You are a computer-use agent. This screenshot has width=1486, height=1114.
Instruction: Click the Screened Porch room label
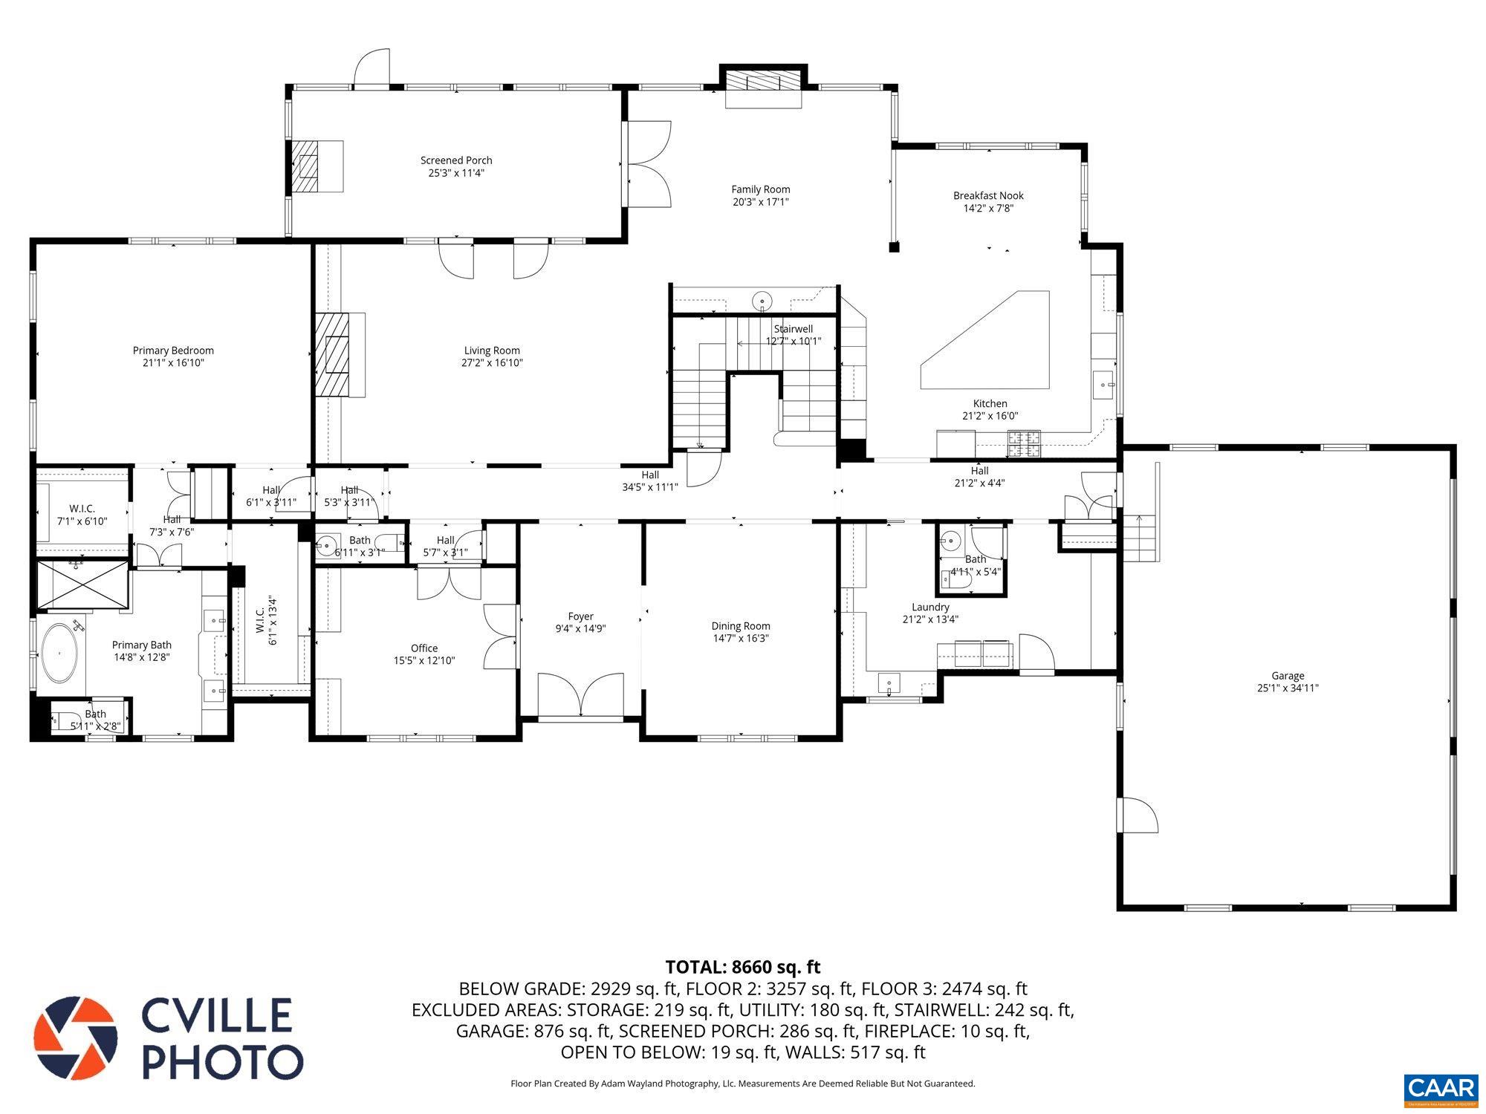click(x=456, y=160)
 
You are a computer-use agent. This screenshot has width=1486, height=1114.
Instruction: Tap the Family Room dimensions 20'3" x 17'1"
click(x=760, y=202)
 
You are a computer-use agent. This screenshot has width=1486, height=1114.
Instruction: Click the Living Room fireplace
click(x=333, y=355)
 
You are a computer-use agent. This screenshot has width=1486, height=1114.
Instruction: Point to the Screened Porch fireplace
click(x=305, y=166)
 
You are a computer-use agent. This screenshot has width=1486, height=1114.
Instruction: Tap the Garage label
click(x=1288, y=676)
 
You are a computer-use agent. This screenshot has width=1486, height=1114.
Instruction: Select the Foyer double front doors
click(x=581, y=696)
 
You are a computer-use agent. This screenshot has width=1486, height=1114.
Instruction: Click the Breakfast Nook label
click(x=988, y=196)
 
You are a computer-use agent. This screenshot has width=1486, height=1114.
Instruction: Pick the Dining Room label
click(x=741, y=626)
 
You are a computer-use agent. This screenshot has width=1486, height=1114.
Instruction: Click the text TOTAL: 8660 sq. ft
click(x=742, y=967)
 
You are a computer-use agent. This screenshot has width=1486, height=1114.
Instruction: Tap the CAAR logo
click(x=1441, y=1089)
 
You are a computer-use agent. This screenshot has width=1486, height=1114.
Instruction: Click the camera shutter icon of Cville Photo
click(x=75, y=1038)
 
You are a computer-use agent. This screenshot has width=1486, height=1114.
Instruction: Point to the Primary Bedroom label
click(x=173, y=351)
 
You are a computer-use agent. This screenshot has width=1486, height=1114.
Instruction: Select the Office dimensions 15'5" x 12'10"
click(x=424, y=661)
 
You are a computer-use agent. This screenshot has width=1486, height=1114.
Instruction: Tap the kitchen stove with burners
click(x=1025, y=443)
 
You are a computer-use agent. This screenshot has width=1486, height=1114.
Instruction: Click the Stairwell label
click(x=793, y=329)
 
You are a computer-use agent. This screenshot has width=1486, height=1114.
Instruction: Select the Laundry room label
click(x=930, y=607)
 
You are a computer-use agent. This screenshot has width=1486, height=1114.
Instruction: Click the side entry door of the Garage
click(x=1138, y=815)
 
